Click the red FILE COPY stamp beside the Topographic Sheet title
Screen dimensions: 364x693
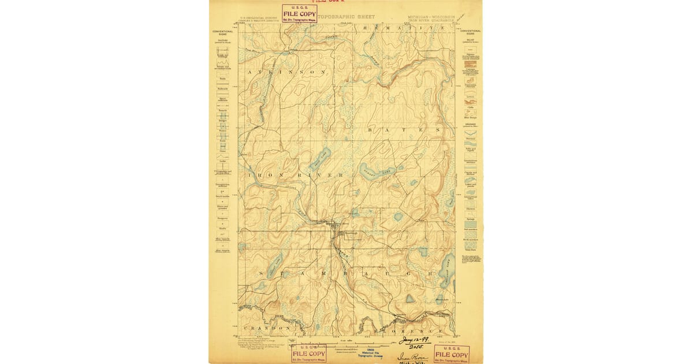tap(299, 14)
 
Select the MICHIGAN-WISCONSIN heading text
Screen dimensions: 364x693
tap(431, 17)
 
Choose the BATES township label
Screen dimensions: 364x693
tap(404, 131)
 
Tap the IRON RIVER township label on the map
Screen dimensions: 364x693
tap(296, 174)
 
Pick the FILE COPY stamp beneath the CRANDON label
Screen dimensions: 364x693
tap(308, 354)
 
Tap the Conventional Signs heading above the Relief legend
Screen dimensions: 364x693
tap(471, 32)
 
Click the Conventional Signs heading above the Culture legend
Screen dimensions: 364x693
tap(222, 32)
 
